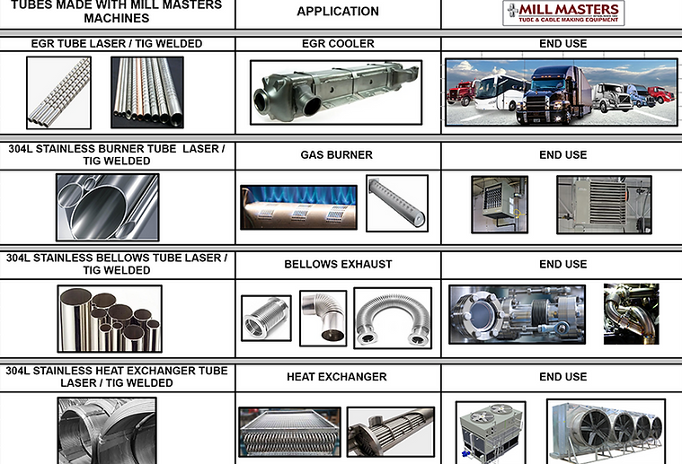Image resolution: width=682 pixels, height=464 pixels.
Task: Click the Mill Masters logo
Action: pos(563,13)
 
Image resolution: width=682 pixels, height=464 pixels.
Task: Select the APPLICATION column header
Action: pos(338,12)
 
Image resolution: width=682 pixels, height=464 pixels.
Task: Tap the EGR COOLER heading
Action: pos(338,43)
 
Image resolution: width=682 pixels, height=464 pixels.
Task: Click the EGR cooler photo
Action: pos(336,92)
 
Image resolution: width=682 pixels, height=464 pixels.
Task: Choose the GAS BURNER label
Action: pos(337,154)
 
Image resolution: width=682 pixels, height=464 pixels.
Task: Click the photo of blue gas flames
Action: pos(299,207)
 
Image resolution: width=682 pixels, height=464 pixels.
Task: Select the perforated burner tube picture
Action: pos(397,203)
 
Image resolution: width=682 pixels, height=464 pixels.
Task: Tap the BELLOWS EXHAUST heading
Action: pos(338,264)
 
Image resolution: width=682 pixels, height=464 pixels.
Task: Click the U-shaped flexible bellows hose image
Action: pos(393,318)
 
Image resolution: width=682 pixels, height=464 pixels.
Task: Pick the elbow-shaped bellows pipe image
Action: pos(323,318)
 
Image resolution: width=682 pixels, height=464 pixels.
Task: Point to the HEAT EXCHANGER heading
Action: pos(337,377)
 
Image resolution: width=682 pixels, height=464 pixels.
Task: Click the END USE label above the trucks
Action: pos(562,43)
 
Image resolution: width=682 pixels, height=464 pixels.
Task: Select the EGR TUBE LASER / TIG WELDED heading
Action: pos(117,43)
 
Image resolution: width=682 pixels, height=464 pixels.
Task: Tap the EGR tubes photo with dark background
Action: pos(147,92)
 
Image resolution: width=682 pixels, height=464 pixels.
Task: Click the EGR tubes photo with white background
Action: pos(58,92)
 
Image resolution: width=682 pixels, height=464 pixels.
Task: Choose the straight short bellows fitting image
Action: pos(266,318)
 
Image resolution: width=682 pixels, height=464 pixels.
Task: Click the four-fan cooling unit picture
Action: pos(606,432)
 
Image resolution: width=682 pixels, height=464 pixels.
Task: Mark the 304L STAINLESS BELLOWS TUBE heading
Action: pos(117,264)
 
